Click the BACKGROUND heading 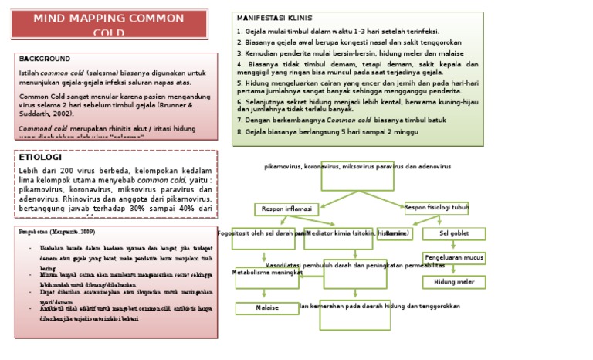tap(44, 59)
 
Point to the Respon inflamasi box tap(286, 209)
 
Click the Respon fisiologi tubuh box tap(436, 207)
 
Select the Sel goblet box tap(453, 233)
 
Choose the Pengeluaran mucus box tap(453, 257)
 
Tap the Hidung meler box tap(453, 282)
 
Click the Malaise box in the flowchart tap(266, 307)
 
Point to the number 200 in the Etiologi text tap(72, 170)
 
